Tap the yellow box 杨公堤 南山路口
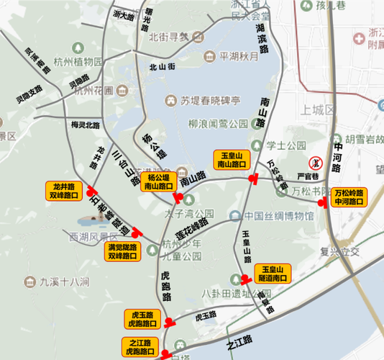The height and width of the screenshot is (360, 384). pos(157,181)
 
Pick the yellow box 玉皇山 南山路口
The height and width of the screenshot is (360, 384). pos(232,159)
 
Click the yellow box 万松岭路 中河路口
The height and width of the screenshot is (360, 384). pos(350,197)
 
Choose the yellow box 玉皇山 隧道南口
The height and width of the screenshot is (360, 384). pos(274,273)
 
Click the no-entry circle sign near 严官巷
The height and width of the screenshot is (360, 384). pos(314,163)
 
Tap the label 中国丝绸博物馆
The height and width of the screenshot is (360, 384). pos(278,217)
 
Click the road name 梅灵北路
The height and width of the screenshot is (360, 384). pos(86,125)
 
